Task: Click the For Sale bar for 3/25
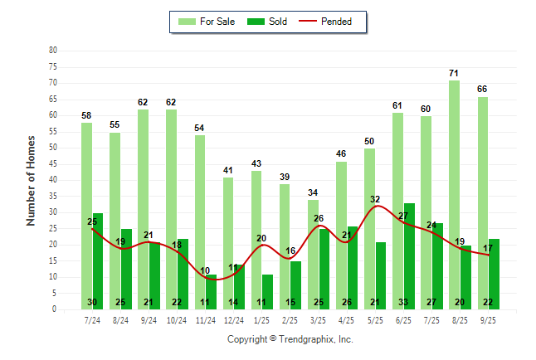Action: [x=313, y=254]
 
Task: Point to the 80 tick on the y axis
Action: [x=53, y=50]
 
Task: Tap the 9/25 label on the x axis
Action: [x=489, y=319]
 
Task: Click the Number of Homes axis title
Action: [x=32, y=180]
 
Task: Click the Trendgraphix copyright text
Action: [x=290, y=339]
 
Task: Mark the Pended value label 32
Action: [x=375, y=199]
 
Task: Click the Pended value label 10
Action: [x=205, y=270]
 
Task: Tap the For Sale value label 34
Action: [x=313, y=192]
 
